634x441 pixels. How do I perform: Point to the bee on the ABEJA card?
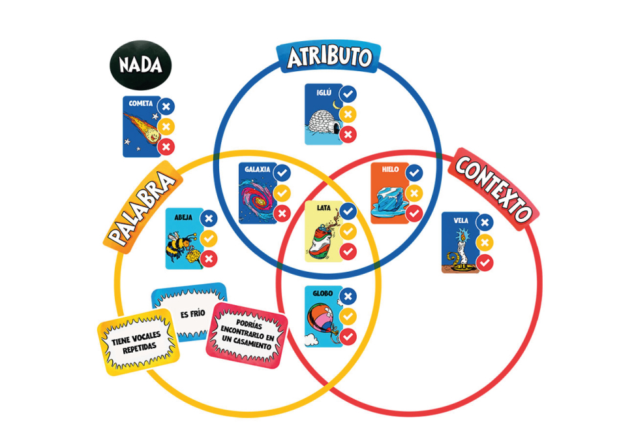181,246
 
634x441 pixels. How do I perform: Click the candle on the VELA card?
460,249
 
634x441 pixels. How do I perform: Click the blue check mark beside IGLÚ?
348,94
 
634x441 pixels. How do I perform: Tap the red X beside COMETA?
166,146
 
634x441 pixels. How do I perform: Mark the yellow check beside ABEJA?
209,239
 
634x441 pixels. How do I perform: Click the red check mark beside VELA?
484,263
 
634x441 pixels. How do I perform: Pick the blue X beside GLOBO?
348,296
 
